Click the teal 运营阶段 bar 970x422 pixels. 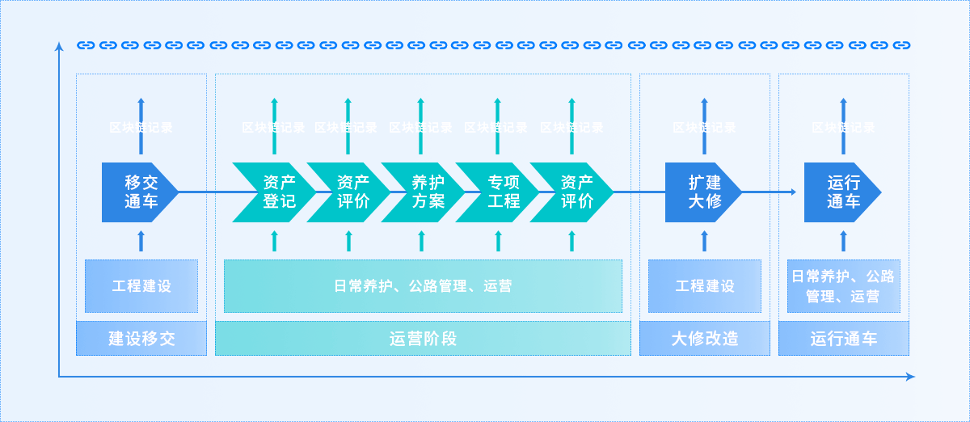[423, 338]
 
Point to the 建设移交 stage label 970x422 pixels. [141, 338]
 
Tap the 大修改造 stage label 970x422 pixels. [704, 338]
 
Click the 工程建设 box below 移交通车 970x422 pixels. [141, 285]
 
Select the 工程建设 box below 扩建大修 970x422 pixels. [704, 285]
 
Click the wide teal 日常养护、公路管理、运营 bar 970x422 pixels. [423, 285]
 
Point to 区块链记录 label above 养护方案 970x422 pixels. [420, 127]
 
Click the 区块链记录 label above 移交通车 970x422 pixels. [141, 127]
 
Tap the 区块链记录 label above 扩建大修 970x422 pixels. [704, 127]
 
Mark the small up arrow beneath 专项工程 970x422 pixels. [498, 240]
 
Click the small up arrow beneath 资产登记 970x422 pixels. [274, 240]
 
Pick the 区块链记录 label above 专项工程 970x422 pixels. [496, 127]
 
